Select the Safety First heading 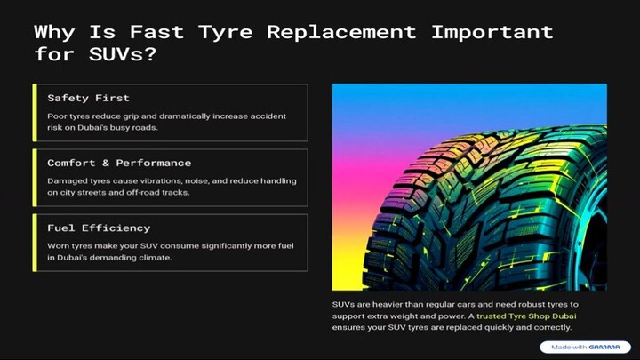click(88, 98)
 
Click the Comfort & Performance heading click(118, 163)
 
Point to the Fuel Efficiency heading click(99, 228)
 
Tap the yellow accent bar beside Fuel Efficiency click(35, 242)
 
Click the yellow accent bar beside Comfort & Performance click(35, 177)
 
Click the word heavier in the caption click(380, 304)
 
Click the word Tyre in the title click(226, 32)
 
